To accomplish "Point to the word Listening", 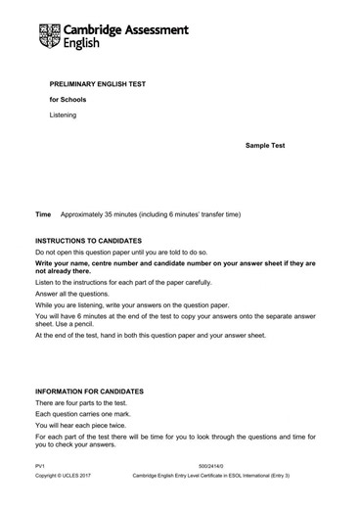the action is (64, 116).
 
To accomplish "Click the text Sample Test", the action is (265, 144).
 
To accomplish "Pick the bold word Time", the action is (43, 213).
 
